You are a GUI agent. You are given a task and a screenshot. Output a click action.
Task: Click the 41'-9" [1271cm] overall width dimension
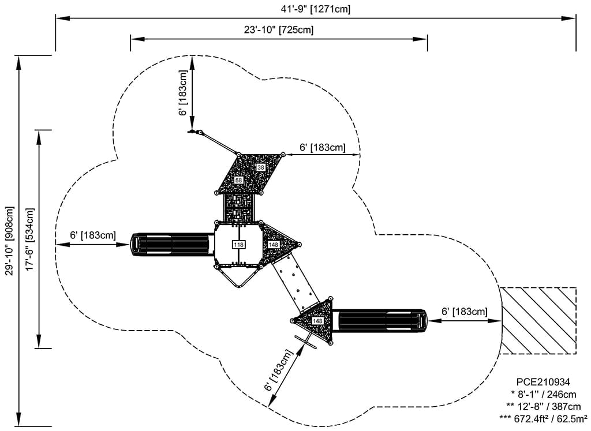pyautogui.click(x=316, y=9)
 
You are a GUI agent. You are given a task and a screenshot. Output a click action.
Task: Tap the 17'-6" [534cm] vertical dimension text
pyautogui.click(x=30, y=239)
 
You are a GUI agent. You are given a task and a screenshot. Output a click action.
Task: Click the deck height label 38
pyautogui.click(x=260, y=167)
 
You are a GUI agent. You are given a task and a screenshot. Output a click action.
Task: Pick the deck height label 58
pyautogui.click(x=239, y=181)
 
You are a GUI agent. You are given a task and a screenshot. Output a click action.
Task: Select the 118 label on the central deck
pyautogui.click(x=238, y=245)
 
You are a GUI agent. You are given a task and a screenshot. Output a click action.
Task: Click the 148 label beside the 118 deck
pyautogui.click(x=274, y=245)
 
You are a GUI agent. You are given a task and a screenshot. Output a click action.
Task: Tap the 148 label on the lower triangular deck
pyautogui.click(x=317, y=320)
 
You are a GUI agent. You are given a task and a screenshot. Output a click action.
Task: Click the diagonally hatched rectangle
pyautogui.click(x=538, y=320)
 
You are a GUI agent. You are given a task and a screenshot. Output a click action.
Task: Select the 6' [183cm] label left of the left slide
pyautogui.click(x=93, y=235)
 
